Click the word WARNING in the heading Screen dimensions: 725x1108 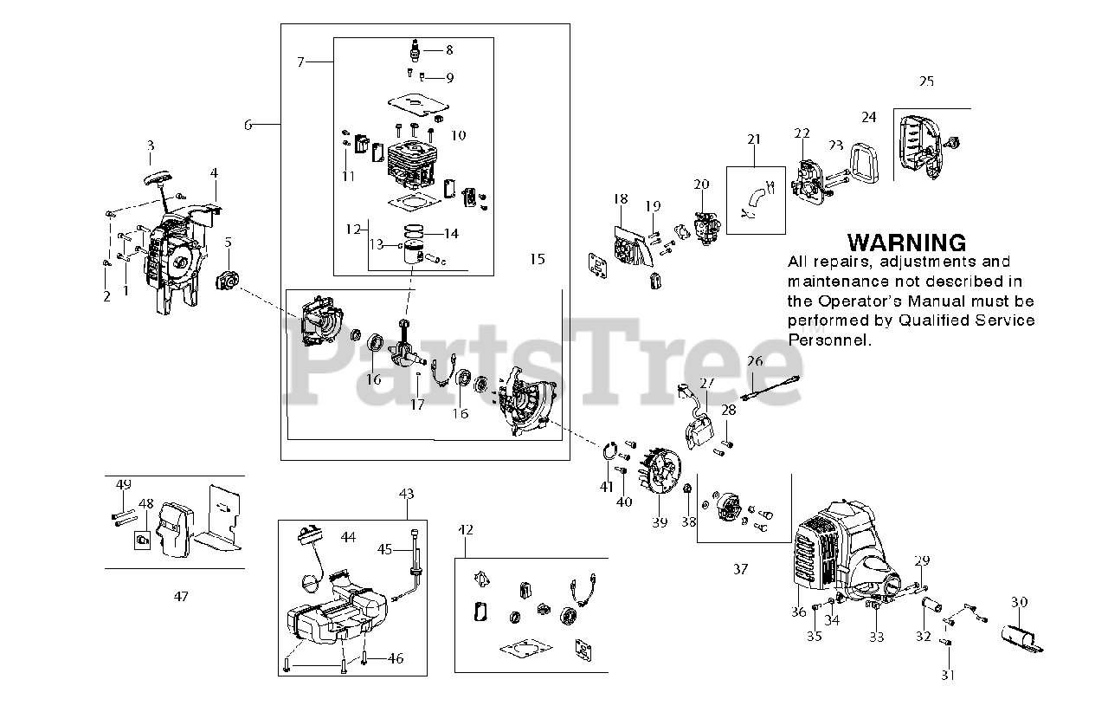(906, 243)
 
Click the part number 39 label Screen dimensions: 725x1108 (660, 522)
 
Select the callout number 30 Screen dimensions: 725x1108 (1019, 602)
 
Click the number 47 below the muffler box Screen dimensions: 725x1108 (180, 596)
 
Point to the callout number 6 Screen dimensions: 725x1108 (248, 125)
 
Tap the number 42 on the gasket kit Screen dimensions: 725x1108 (466, 529)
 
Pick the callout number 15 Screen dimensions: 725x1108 (538, 259)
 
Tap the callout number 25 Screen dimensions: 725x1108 (926, 81)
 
